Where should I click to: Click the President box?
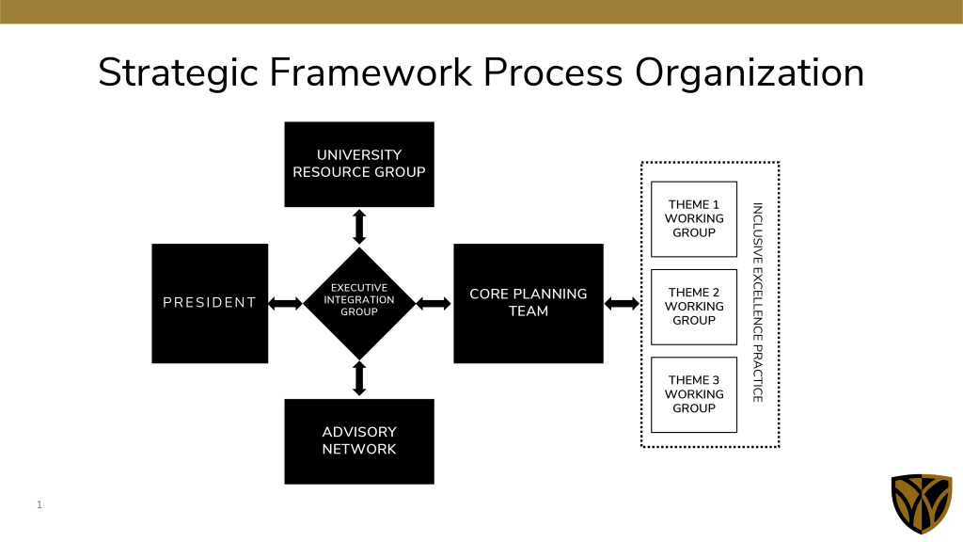[210, 304]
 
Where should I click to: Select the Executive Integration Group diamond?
[359, 304]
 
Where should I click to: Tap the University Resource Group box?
[359, 164]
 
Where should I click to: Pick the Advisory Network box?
[359, 441]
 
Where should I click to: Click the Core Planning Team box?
[529, 304]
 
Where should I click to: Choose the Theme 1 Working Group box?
[694, 218]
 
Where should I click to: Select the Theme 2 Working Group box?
[694, 307]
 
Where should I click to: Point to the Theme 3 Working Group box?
[694, 394]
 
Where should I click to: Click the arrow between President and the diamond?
[286, 304]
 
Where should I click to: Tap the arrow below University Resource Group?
[359, 227]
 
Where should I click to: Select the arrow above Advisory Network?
[359, 378]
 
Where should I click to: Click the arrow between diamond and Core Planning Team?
[434, 304]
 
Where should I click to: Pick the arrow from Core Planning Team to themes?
[623, 304]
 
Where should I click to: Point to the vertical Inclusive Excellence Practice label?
[758, 303]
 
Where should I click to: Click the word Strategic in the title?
[179, 73]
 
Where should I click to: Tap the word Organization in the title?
[750, 73]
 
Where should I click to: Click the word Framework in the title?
[371, 72]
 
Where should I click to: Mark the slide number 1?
[39, 504]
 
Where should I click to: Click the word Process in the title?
[553, 72]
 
